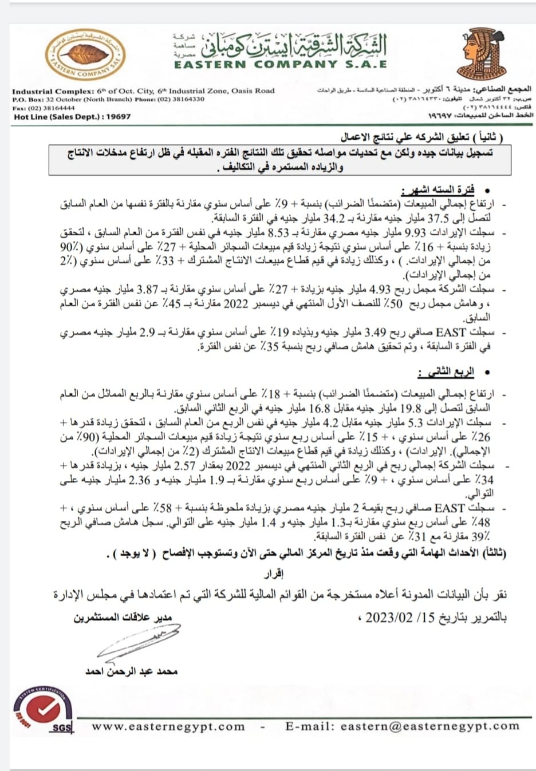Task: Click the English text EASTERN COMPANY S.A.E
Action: pyautogui.click(x=281, y=65)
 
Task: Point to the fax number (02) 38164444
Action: pyautogui.click(x=50, y=108)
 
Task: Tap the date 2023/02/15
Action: pyautogui.click(x=400, y=618)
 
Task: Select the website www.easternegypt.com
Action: pyautogui.click(x=168, y=726)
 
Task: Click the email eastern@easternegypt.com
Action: pyautogui.click(x=429, y=726)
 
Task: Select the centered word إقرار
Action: pyautogui.click(x=273, y=573)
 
